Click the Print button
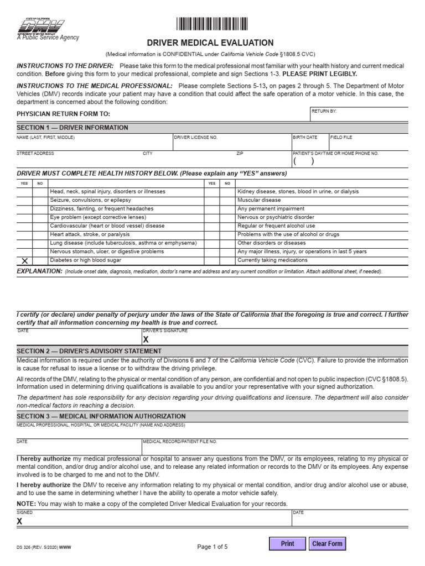(x=287, y=543)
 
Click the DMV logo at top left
(x=42, y=26)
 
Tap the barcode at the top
(x=212, y=23)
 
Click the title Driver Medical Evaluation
(x=210, y=43)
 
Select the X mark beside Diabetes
(x=24, y=260)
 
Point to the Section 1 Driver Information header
(x=72, y=128)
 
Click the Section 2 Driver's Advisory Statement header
(x=89, y=351)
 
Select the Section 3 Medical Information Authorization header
(x=101, y=416)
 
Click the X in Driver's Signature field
(x=146, y=340)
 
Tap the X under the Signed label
(x=20, y=521)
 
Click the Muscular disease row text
(x=259, y=200)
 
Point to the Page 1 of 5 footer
(x=212, y=547)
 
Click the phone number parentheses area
(x=303, y=161)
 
